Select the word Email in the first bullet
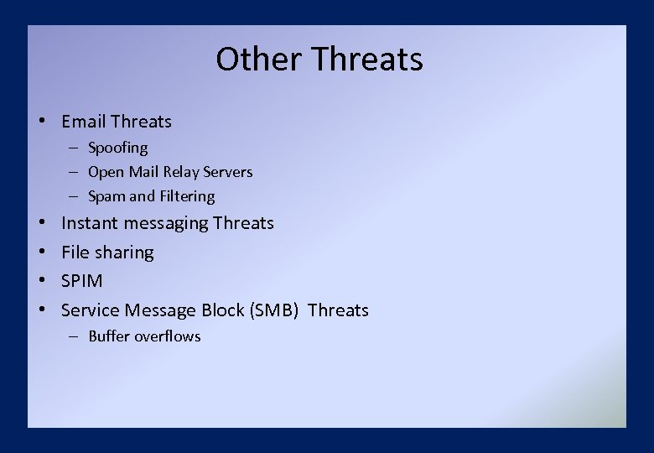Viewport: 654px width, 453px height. coord(83,122)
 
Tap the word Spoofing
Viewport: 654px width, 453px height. coord(117,148)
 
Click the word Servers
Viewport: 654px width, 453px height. coord(226,172)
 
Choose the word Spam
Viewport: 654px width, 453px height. coord(106,196)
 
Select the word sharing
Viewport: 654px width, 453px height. coord(123,253)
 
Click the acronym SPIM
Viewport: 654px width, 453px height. coord(82,281)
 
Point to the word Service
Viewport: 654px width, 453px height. coord(91,310)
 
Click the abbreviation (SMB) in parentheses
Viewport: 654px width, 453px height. coord(273,310)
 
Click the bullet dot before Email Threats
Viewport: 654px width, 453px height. coord(41,122)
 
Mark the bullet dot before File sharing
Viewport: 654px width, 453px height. coord(41,253)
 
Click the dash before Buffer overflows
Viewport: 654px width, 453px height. coord(74,336)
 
